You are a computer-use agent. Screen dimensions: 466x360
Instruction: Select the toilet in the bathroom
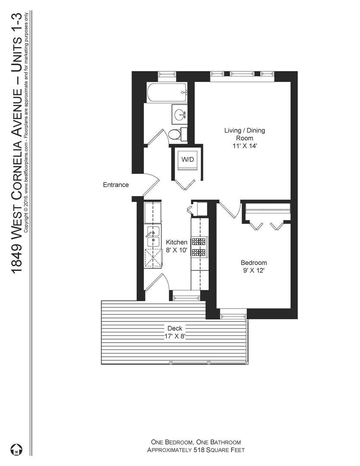coord(175,134)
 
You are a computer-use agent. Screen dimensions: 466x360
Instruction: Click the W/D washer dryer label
coord(188,159)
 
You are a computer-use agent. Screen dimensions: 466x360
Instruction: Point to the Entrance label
coord(116,185)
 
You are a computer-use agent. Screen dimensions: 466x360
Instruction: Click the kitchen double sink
coord(153,236)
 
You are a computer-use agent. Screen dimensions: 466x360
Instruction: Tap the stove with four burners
coord(200,247)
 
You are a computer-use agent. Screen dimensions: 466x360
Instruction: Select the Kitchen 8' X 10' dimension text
coord(177,246)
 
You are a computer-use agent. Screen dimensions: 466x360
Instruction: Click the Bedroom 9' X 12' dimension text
coord(254,267)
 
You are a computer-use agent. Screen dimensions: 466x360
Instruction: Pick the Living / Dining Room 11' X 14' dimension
coord(244,138)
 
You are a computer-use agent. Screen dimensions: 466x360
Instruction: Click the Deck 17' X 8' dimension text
coord(174,332)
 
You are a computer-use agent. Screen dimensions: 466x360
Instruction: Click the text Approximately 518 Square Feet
coord(196,450)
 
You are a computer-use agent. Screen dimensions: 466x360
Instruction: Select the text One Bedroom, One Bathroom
coord(196,442)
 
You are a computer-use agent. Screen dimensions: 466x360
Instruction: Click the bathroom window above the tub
coord(167,76)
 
